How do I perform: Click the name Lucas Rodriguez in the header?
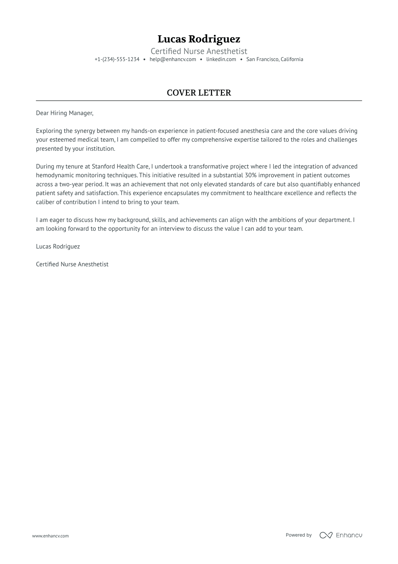tap(199, 39)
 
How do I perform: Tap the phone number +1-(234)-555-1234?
tap(117, 59)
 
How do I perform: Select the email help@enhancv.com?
tap(173, 59)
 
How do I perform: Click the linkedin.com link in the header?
tap(221, 59)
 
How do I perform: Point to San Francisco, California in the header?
tap(275, 59)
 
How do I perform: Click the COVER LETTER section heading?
tap(199, 93)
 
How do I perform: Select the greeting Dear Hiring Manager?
tap(64, 113)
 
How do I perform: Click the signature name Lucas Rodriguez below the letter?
tap(58, 247)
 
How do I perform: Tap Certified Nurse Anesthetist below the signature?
tap(72, 264)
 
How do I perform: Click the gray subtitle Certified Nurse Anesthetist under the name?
tap(199, 51)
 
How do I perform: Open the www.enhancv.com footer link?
tap(50, 536)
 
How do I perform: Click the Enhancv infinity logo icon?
tap(326, 535)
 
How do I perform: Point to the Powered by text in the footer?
tap(298, 535)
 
